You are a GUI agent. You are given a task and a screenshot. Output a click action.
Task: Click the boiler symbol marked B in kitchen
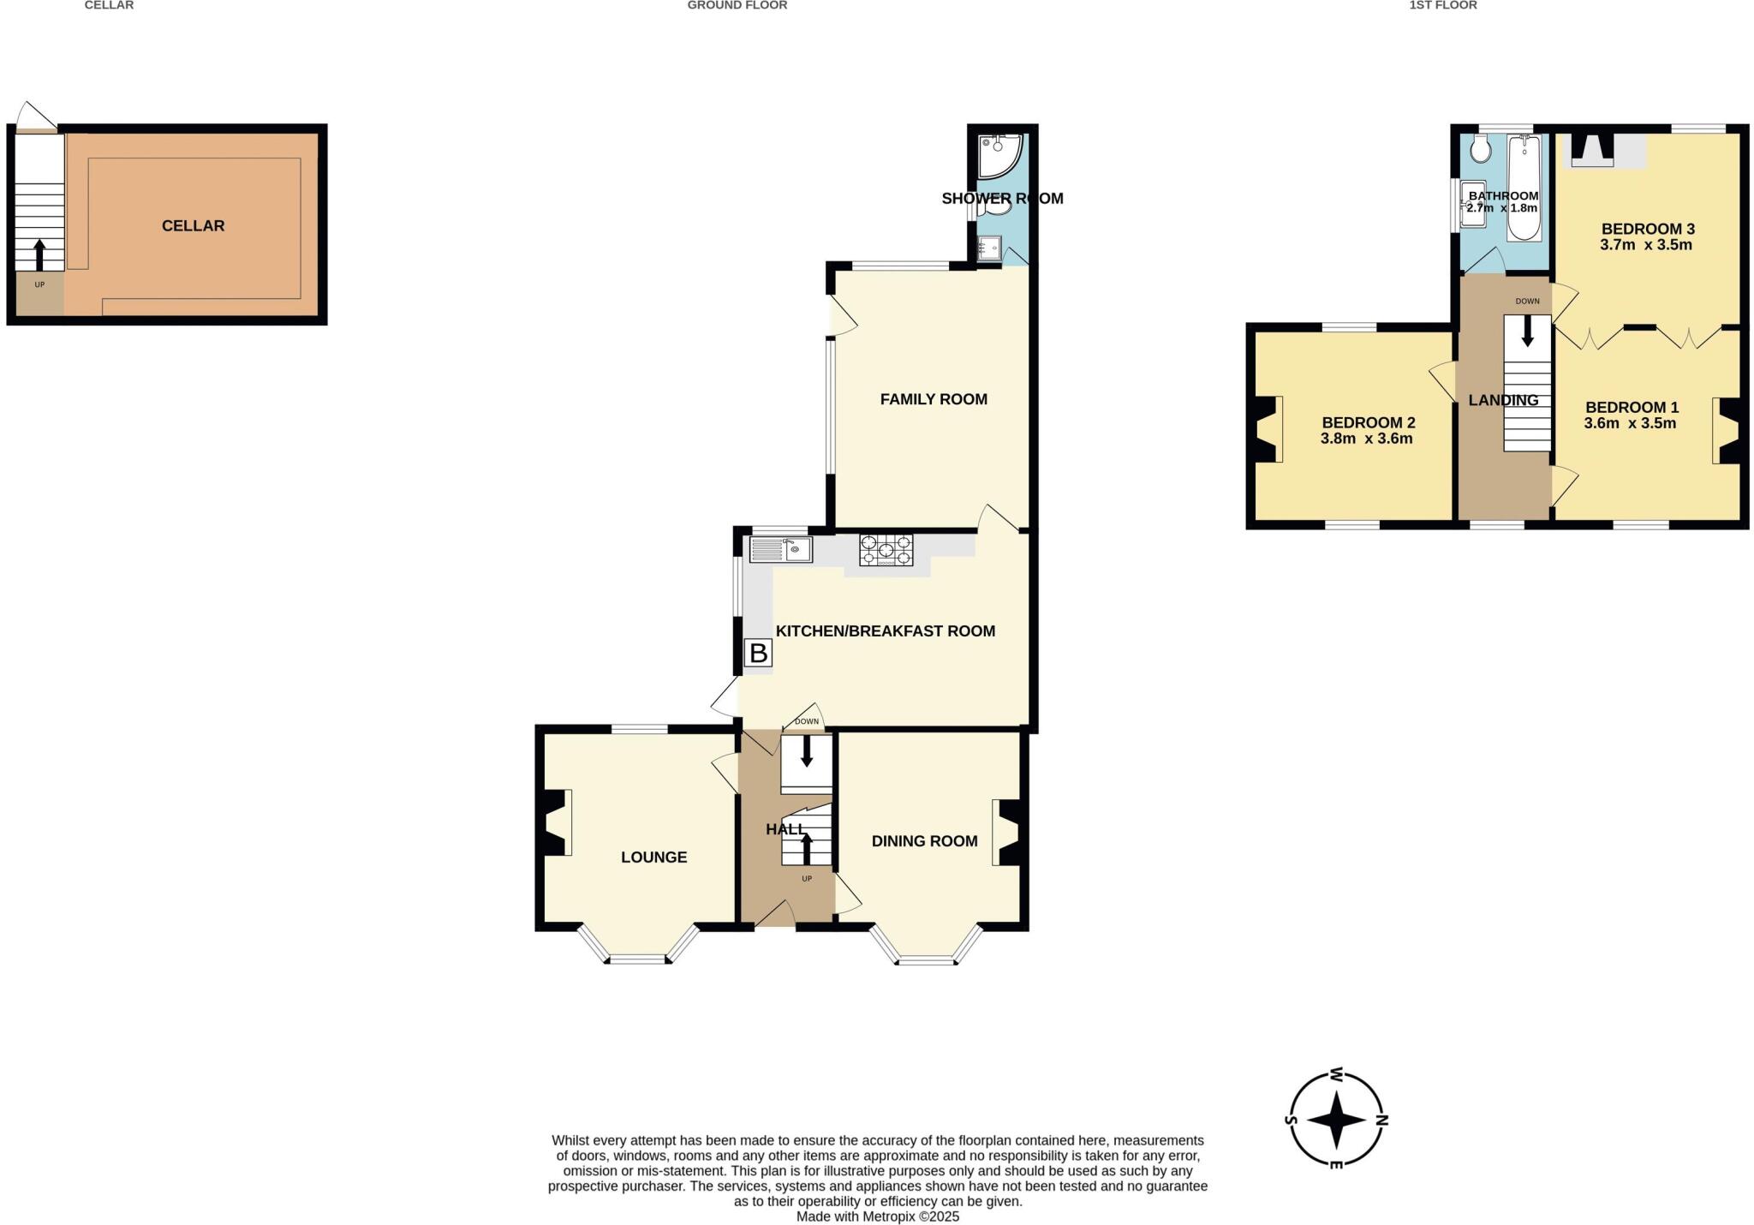point(759,654)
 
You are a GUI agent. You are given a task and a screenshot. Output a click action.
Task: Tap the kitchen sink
point(781,549)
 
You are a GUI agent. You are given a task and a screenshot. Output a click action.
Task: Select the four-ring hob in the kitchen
point(886,550)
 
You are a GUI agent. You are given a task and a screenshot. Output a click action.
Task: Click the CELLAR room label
point(193,225)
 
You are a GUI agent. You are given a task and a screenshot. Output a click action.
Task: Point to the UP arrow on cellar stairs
point(39,255)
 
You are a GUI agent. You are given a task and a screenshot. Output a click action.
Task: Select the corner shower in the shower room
point(998,154)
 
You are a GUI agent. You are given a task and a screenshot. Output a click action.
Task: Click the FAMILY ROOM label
point(934,399)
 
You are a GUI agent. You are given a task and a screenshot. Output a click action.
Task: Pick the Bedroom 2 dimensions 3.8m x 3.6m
point(1366,439)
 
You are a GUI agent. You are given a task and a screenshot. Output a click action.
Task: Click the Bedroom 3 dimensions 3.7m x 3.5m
point(1645,244)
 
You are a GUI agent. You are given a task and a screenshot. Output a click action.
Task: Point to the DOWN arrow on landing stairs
point(1527,332)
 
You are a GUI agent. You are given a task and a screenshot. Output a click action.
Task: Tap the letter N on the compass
point(1381,1119)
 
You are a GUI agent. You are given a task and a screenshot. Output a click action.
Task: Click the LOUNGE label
point(653,857)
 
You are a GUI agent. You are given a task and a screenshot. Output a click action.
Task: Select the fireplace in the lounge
point(557,822)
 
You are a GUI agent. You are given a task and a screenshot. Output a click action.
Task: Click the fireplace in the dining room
point(1008,832)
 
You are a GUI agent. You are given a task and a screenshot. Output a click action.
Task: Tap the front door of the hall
point(775,915)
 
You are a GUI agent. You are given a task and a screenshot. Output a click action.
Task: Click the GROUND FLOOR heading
point(737,5)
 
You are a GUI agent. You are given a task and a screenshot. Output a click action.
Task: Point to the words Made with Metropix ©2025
point(877,1216)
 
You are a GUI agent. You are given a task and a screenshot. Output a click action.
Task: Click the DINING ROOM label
point(924,841)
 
